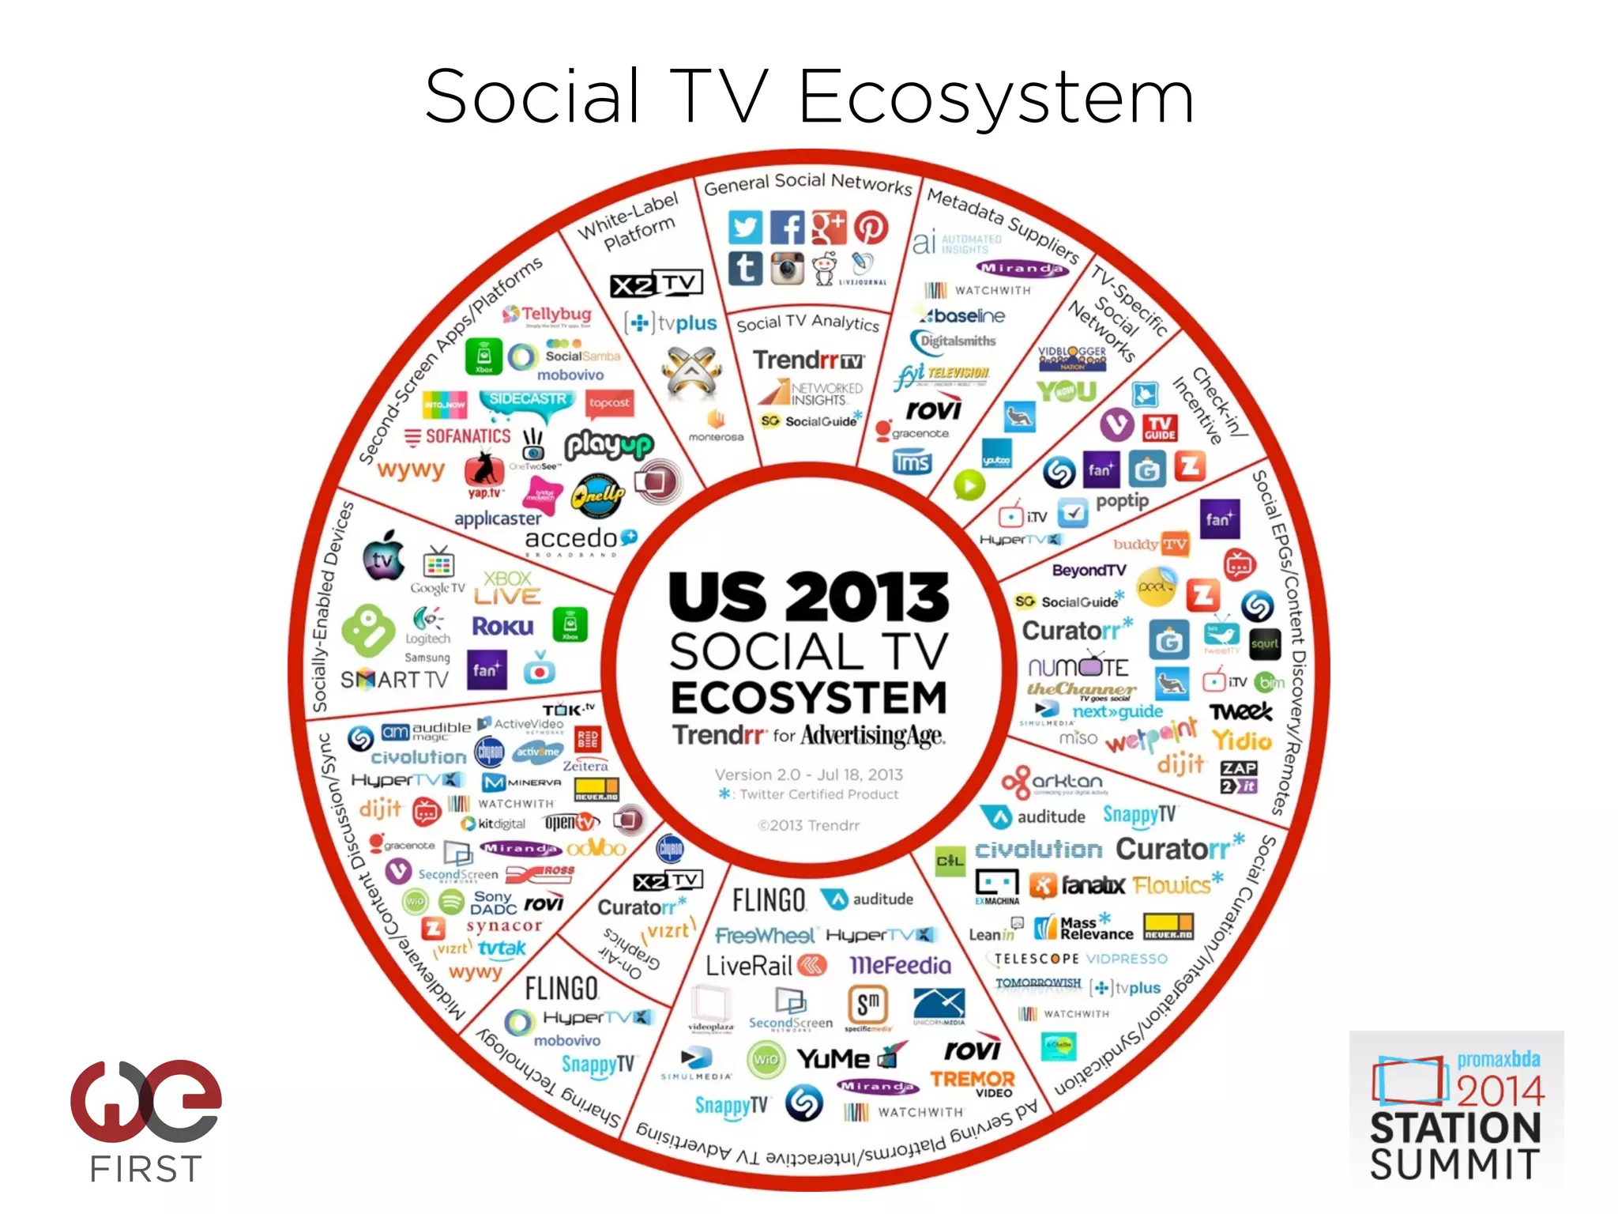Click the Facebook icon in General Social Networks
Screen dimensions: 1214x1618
point(787,228)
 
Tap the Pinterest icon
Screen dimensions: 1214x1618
point(871,228)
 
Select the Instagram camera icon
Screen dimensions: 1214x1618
point(787,269)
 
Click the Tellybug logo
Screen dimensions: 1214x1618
point(548,315)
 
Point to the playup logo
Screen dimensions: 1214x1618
point(608,446)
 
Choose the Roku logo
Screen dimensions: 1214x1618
point(502,627)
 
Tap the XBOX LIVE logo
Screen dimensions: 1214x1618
point(508,588)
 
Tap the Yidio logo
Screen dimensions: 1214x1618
point(1242,741)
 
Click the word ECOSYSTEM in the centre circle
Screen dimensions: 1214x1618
point(808,698)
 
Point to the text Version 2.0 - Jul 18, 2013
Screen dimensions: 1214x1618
point(808,775)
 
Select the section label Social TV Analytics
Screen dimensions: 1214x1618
point(807,322)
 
